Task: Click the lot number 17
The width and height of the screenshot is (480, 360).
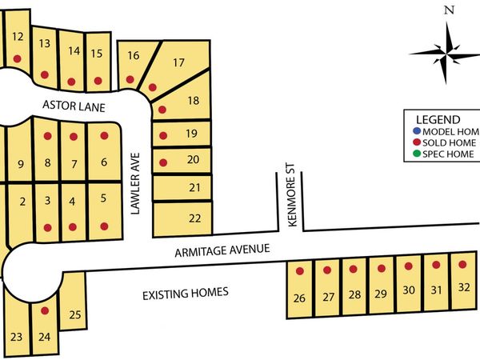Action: [178, 62]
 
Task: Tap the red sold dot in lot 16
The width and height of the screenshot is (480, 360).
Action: [133, 78]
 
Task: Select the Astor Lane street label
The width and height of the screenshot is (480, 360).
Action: [75, 106]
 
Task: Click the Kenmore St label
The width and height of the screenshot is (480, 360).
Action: [293, 197]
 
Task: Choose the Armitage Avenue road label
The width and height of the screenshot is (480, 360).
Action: [225, 253]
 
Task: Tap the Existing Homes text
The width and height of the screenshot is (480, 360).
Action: [186, 293]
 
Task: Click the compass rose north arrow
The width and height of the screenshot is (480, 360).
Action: [448, 32]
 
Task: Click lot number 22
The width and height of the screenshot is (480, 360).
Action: [194, 217]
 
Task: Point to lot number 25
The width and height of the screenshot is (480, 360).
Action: [74, 314]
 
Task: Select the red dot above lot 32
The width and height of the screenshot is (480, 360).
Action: [462, 263]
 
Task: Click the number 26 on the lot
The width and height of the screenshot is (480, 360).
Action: [300, 298]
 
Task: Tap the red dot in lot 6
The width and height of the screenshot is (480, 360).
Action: [103, 135]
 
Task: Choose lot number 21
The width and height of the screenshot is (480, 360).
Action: [194, 188]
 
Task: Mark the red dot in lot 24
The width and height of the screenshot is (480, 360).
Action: [45, 310]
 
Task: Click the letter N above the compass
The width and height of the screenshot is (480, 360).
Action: [449, 10]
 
